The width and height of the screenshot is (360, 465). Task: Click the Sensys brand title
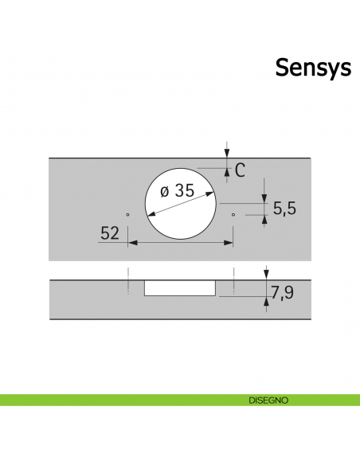[313, 68]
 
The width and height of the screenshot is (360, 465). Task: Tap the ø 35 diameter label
[177, 190]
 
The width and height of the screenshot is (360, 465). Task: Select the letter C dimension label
[240, 170]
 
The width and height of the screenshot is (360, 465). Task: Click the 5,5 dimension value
[284, 208]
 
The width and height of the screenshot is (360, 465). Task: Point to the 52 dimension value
[110, 233]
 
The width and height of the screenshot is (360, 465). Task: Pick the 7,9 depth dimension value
[282, 293]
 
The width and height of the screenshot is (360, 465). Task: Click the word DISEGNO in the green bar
[268, 401]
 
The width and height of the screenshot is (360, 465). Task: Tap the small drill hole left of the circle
[127, 214]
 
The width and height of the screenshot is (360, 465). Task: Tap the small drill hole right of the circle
[233, 214]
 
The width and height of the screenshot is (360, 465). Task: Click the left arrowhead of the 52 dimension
[132, 243]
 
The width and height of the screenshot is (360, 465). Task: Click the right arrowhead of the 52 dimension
[229, 243]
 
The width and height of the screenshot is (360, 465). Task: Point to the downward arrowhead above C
[227, 153]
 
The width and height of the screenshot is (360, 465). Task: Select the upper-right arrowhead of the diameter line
[209, 194]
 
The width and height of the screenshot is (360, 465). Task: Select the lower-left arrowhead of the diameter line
[151, 213]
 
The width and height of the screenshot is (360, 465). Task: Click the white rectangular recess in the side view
[180, 288]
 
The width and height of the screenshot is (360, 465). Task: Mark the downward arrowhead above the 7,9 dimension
[266, 275]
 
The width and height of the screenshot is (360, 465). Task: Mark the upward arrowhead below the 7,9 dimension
[266, 301]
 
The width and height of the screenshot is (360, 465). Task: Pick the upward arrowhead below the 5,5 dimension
[264, 220]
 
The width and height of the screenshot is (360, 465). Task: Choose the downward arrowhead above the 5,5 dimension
[264, 199]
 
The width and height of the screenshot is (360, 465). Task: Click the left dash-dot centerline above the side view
[128, 280]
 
